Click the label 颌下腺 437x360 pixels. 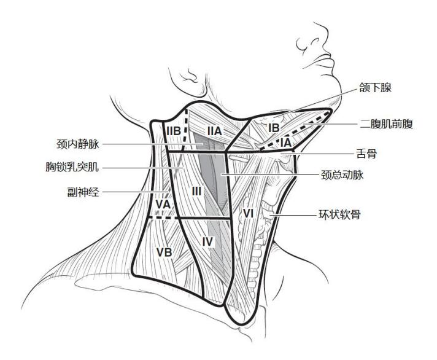pos(375,88)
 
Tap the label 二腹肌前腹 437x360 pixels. pos(386,123)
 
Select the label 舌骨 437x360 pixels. pos(366,154)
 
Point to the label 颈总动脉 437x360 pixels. pos(342,175)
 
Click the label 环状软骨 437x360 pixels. pos(340,214)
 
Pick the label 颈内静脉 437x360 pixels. pos(78,144)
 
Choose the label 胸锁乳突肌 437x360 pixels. pos(72,167)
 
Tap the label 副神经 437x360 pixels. pos(83,192)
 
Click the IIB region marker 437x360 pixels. pos(174,131)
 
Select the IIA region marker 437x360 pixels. pos(214,131)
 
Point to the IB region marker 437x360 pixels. pos(274,128)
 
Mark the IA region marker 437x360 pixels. pos(286,143)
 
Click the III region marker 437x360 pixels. pos(196,191)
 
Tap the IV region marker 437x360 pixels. pos(207,242)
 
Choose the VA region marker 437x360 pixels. pos(163,205)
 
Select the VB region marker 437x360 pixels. pos(164,252)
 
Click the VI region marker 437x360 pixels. pos(248,214)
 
